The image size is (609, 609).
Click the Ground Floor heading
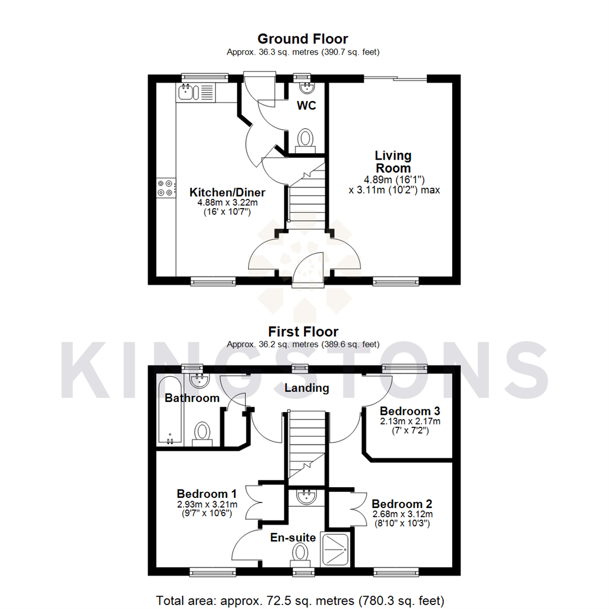pos(302,39)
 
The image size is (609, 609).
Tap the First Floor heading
pos(303,331)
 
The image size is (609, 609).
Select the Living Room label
pos(394,161)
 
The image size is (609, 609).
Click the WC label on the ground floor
pos(307,105)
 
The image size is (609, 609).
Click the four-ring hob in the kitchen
pos(166,188)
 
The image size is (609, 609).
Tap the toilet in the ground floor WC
pos(306,139)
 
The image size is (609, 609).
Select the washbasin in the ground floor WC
pos(307,87)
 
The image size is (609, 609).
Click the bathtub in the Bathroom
pos(171,411)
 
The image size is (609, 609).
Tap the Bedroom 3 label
pos(409,411)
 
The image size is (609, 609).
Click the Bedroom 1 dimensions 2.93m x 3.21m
pos(207,504)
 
